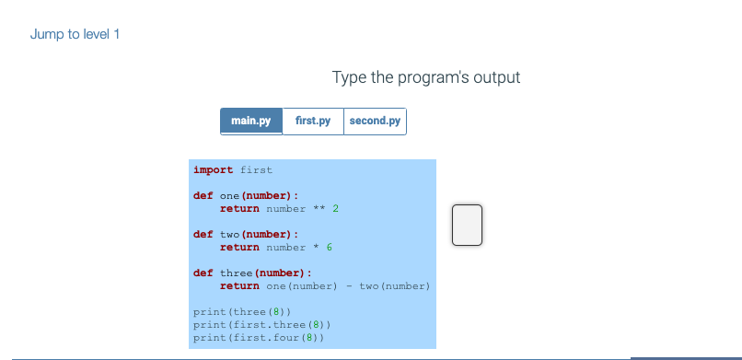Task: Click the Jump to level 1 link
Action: point(75,35)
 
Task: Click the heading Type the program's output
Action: point(426,77)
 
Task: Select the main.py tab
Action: point(250,121)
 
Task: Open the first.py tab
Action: point(313,121)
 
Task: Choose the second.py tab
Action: point(375,121)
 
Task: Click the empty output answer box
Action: point(467,226)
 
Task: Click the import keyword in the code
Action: point(213,170)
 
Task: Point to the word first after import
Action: point(256,170)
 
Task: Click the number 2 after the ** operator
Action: point(336,209)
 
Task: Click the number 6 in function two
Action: point(329,248)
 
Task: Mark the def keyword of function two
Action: point(203,235)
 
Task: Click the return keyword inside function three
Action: point(239,286)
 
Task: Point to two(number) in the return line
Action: point(395,286)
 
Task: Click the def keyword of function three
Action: point(203,273)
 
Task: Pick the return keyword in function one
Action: point(239,209)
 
